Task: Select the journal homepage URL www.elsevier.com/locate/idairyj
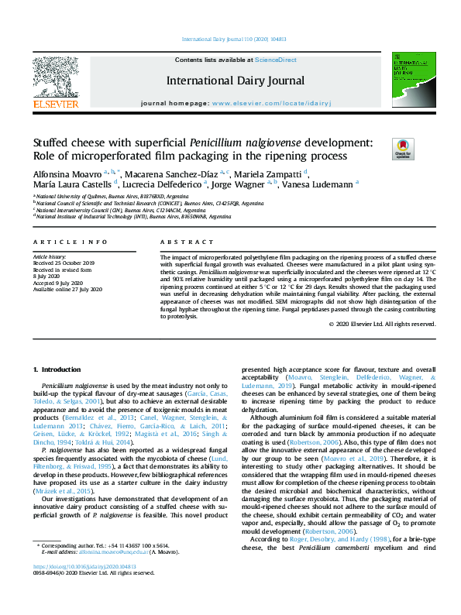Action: tap(264, 103)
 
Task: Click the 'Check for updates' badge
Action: tap(403, 149)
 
